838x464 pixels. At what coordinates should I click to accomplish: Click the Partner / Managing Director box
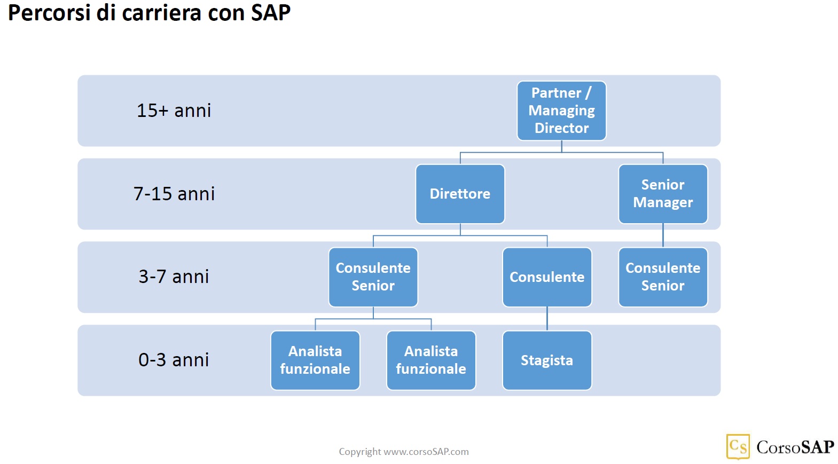pos(561,111)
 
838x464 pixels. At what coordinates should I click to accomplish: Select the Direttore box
pos(460,194)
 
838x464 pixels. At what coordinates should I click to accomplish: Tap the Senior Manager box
pos(663,194)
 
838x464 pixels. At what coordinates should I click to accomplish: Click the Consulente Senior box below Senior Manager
pos(663,277)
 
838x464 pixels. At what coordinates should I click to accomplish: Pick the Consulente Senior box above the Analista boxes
pos(373,277)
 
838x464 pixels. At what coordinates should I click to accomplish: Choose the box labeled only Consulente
pos(547,277)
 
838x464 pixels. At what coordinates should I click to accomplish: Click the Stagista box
pos(547,360)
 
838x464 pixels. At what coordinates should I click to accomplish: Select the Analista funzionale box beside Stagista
pos(431,360)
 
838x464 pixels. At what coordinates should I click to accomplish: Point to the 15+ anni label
pos(174,111)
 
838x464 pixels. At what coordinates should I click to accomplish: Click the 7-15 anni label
pos(174,194)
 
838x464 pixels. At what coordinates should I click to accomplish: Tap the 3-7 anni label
pos(174,277)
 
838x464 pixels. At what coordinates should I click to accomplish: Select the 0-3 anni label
pos(174,360)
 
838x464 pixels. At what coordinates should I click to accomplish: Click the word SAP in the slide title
pos(270,13)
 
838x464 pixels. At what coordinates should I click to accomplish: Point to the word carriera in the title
pos(162,13)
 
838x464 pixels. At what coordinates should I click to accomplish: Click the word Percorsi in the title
pos(49,13)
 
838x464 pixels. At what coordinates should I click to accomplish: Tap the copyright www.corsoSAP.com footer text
pos(404,452)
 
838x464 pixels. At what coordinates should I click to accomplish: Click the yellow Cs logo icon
pos(738,446)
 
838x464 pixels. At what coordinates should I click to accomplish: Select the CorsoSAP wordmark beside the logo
pos(795,447)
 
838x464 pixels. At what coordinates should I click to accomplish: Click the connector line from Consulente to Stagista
pos(547,319)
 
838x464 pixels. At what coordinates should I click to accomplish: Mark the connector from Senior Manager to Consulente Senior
pos(663,235)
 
